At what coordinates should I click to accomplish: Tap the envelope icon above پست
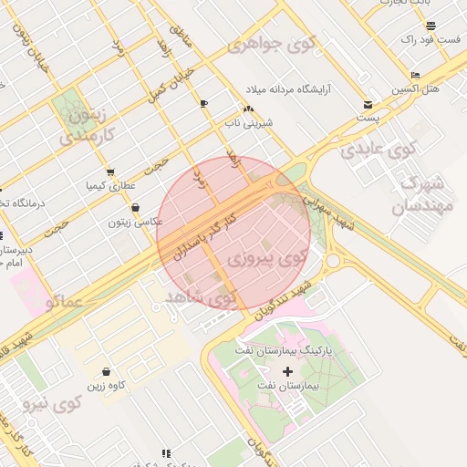coord(368,104)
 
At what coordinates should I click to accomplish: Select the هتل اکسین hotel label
coord(416,89)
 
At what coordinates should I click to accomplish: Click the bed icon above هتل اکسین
coord(416,75)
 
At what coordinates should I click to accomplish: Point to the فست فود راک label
coord(429,40)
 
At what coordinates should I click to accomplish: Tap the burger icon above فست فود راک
coord(431,26)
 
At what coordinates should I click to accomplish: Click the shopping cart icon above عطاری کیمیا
coord(110,171)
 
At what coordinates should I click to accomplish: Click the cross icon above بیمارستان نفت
coord(289,371)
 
